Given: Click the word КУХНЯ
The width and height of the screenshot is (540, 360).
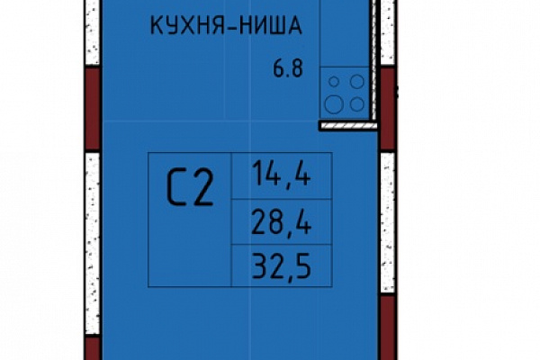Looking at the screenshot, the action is click(184, 25).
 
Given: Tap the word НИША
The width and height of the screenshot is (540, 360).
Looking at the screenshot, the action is click(270, 25).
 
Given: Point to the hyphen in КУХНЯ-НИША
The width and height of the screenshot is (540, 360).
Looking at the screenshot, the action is click(229, 26).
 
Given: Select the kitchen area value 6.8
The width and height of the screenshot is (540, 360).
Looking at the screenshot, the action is click(288, 68).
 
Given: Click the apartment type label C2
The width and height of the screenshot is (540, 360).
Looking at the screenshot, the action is click(190, 188).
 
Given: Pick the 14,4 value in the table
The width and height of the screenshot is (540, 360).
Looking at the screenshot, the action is click(282, 174).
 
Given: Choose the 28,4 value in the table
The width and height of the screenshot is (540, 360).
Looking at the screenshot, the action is click(282, 222).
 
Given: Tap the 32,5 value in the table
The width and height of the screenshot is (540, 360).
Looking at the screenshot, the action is click(282, 265).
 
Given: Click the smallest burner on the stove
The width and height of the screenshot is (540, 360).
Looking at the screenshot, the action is click(334, 82).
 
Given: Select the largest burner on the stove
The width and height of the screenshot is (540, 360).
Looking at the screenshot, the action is click(334, 104).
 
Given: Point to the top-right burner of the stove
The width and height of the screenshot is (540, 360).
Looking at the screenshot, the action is click(357, 82).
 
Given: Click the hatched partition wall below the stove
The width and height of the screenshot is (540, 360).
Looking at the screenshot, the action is click(347, 126).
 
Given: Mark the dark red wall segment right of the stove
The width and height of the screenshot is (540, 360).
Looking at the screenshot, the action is click(388, 108).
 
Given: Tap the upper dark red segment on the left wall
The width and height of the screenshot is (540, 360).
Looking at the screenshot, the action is click(93, 108).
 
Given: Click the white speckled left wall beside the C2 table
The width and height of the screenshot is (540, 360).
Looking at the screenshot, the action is click(93, 244).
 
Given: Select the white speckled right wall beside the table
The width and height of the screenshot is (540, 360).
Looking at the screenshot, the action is click(388, 222).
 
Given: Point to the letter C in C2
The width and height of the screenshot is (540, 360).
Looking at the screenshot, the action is click(175, 188).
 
